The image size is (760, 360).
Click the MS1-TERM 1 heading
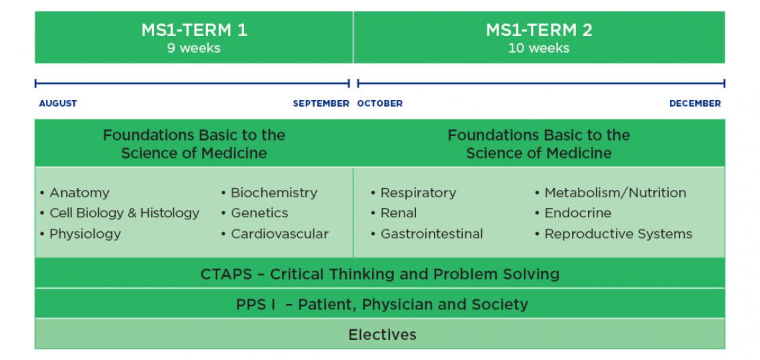(193, 30)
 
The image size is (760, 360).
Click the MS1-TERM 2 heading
(539, 30)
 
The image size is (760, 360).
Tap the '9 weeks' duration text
(193, 48)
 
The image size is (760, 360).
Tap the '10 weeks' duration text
(539, 48)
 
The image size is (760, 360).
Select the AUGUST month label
(58, 103)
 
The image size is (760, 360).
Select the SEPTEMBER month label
(321, 103)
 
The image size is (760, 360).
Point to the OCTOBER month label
(380, 103)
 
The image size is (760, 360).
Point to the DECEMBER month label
(695, 103)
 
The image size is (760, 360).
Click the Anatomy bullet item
(79, 193)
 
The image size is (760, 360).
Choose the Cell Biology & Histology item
(124, 213)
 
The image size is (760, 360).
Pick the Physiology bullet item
(85, 233)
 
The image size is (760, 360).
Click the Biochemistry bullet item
(273, 193)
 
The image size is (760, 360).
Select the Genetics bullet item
(259, 213)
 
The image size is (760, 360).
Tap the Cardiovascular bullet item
(279, 233)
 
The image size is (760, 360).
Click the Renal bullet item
(398, 213)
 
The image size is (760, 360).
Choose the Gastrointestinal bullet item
(431, 233)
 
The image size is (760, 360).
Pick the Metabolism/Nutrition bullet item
(615, 193)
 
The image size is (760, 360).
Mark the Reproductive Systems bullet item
(618, 233)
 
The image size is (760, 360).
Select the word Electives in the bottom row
(382, 334)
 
